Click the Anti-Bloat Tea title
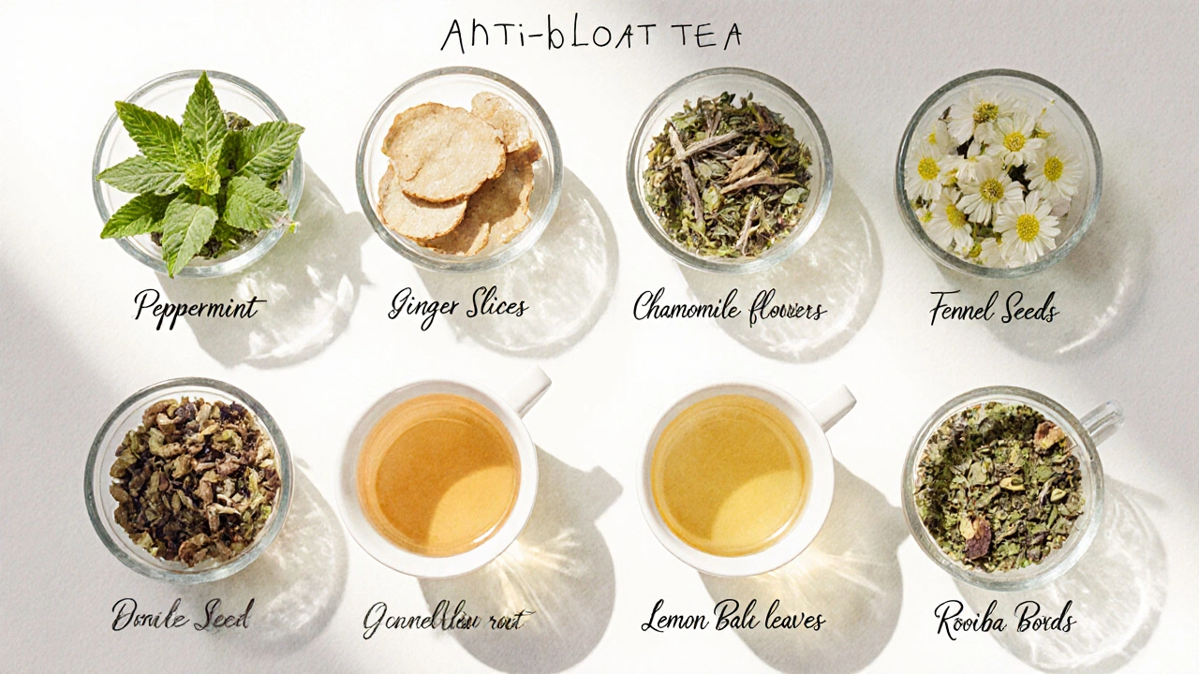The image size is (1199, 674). click(x=592, y=36)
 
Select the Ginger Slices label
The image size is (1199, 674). click(x=458, y=306)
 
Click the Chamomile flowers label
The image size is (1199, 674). click(x=729, y=307)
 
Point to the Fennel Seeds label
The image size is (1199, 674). click(x=994, y=308)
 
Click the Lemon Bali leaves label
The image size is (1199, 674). click(x=733, y=619)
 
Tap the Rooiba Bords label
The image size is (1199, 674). click(x=1004, y=619)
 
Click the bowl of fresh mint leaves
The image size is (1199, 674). click(x=199, y=173)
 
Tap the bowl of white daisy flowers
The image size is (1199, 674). click(x=998, y=173)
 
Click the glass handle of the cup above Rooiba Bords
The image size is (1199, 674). click(x=1103, y=420)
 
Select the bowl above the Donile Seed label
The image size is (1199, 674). click(x=190, y=479)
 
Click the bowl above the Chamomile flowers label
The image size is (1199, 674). click(x=729, y=173)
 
